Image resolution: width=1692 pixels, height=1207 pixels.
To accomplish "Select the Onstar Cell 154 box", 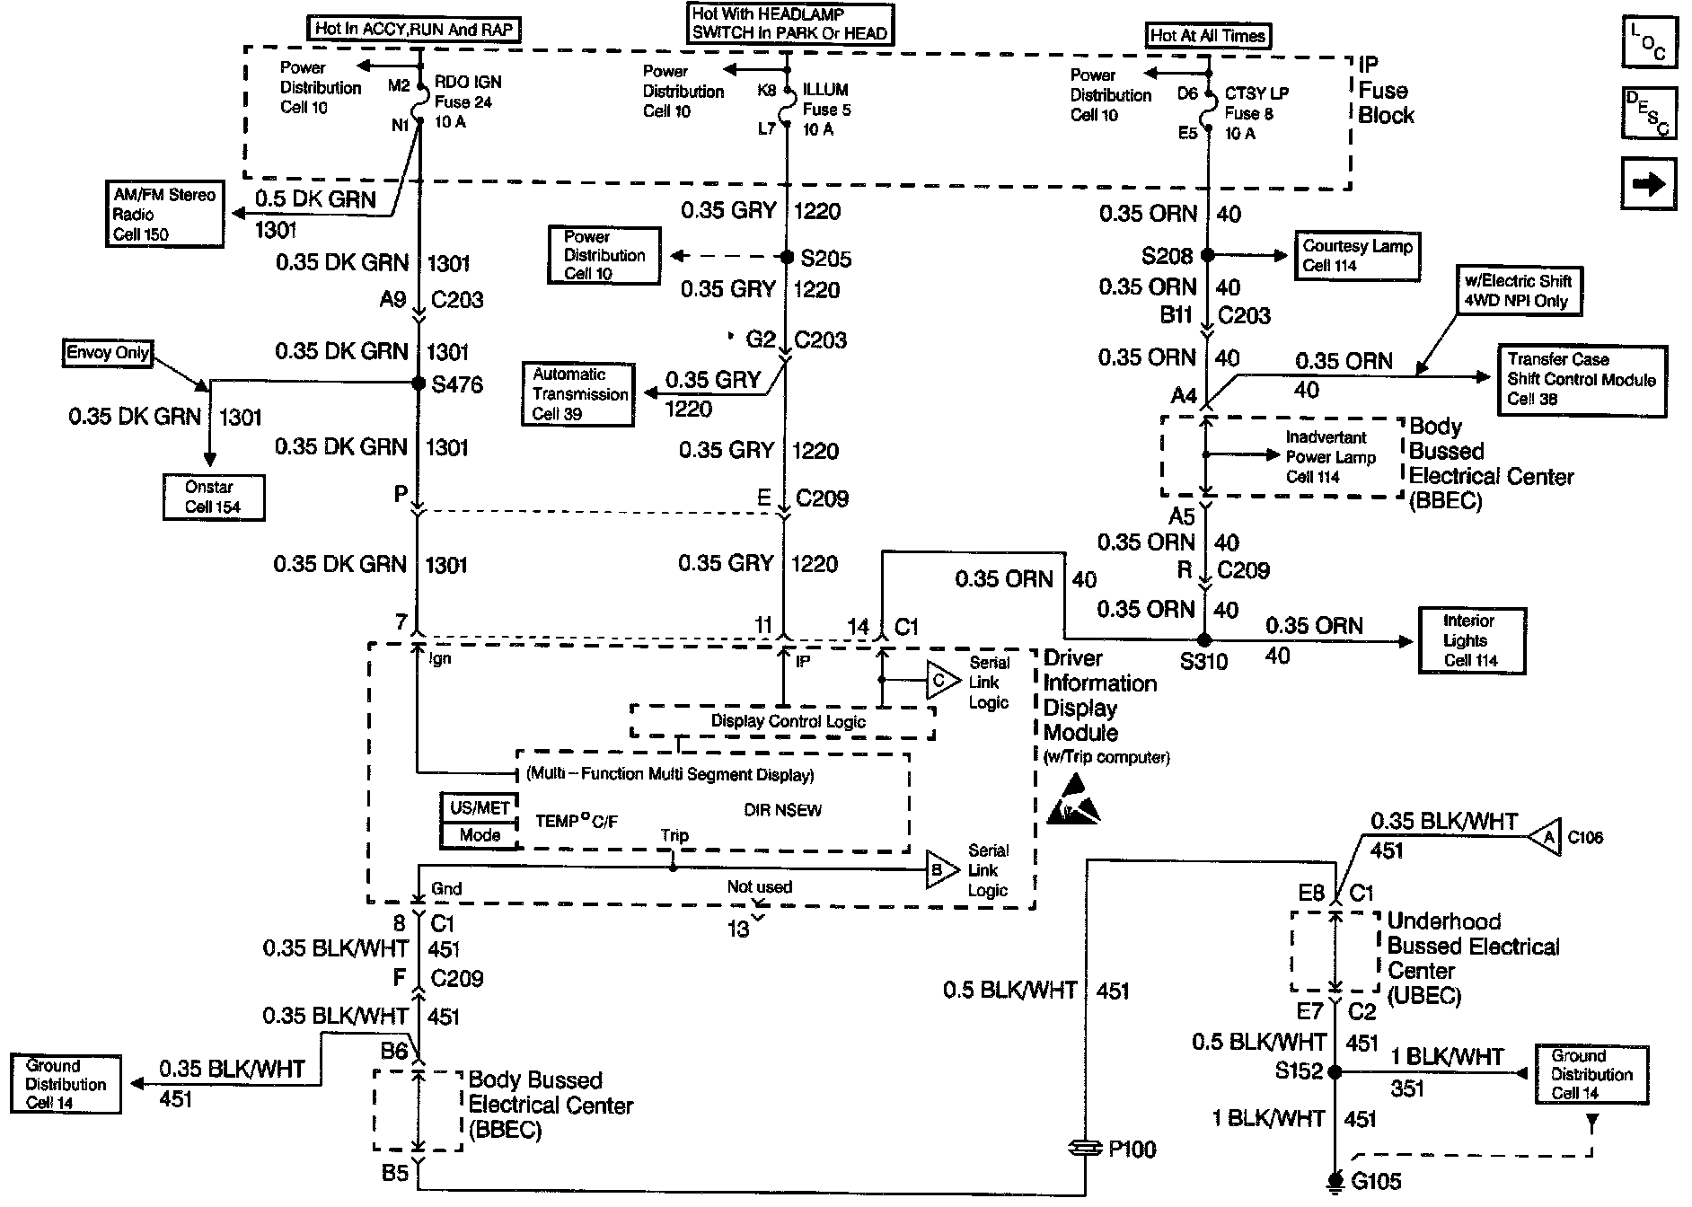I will [x=214, y=497].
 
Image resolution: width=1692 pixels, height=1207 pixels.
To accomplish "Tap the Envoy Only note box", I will [x=107, y=352].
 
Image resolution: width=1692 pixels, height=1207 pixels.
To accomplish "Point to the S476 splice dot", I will [x=418, y=383].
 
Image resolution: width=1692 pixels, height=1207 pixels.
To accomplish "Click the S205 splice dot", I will [x=787, y=258].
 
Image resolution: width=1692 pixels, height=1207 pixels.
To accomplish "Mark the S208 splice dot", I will [x=1208, y=255].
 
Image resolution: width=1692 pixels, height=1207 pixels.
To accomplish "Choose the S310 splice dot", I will [x=1205, y=640].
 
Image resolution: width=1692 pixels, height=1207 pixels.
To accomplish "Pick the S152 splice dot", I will [x=1335, y=1071].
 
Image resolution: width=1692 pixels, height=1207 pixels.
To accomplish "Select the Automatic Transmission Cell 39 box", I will [x=580, y=394].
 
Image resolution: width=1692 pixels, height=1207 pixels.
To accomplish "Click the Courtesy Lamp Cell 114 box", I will [x=1357, y=256].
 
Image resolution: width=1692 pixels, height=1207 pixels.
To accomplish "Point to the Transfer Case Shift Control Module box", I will [x=1582, y=380].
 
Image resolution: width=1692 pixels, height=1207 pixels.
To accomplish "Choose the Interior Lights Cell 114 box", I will [x=1470, y=640].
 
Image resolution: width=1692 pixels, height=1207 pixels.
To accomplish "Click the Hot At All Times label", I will [x=1208, y=36].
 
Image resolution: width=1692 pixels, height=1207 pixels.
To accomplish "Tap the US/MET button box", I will [x=480, y=807].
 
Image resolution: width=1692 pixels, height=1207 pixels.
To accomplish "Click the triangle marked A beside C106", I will [x=1545, y=837].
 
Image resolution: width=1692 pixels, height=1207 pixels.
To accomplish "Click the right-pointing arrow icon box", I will [x=1648, y=184].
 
